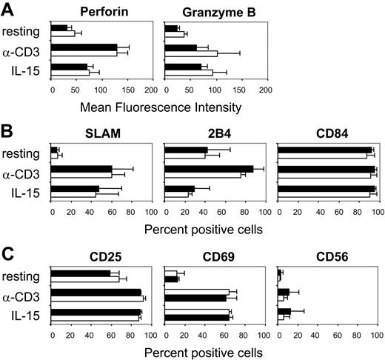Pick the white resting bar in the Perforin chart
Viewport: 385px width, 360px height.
tap(63, 33)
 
